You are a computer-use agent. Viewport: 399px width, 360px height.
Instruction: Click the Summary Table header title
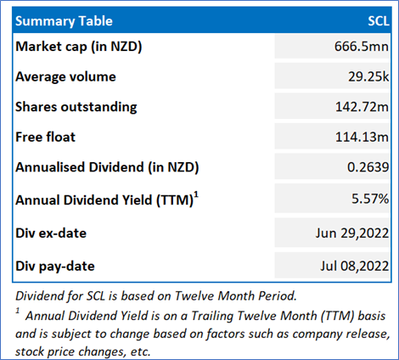64,21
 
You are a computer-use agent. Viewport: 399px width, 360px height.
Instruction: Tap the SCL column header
379,21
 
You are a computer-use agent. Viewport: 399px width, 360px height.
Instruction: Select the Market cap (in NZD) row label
79,47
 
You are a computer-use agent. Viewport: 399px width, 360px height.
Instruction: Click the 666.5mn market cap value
362,46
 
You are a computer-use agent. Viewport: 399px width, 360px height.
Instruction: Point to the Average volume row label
65,76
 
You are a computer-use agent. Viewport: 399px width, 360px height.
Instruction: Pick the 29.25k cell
368,76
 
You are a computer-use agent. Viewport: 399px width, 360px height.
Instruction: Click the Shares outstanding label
76,107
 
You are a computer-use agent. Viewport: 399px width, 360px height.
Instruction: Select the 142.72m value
362,107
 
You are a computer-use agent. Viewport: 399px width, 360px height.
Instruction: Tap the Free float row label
45,137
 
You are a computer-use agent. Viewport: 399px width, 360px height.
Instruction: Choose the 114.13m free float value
362,137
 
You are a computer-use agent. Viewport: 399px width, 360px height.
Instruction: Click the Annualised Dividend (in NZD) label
107,167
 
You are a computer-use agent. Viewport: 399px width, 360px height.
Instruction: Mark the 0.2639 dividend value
368,167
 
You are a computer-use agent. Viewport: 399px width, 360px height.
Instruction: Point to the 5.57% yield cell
370,199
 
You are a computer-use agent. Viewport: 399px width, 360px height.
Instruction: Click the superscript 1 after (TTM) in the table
196,195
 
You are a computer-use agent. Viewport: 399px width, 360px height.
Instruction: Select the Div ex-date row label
51,233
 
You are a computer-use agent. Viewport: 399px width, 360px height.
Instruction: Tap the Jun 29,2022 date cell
352,233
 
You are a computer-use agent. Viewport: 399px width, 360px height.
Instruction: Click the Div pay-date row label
55,267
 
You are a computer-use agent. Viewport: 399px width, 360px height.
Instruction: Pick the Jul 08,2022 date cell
355,267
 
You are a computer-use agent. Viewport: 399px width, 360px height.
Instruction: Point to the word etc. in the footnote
140,352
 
